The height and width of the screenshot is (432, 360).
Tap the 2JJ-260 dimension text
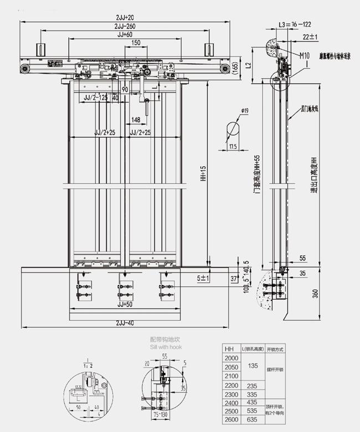[127, 27]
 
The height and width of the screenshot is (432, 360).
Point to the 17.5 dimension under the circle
[233, 147]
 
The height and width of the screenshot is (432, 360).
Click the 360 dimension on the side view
[316, 294]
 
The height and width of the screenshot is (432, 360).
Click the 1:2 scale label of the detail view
[86, 366]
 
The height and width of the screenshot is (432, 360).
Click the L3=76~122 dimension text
[295, 25]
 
